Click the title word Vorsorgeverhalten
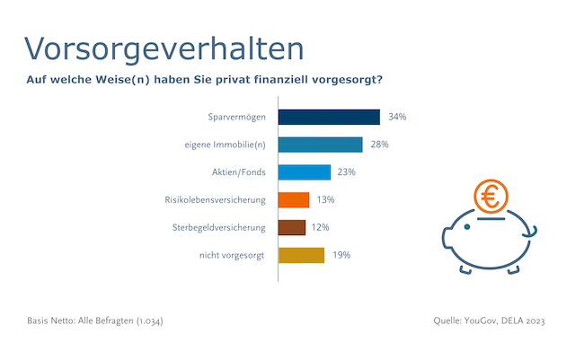162,47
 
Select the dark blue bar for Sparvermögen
329,117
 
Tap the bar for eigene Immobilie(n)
320,145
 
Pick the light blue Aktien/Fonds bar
305,172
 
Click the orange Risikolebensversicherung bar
294,199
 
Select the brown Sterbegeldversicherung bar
292,227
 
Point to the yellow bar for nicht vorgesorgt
301,255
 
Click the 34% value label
398,117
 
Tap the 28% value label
380,145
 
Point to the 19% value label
341,255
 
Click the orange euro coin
491,196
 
